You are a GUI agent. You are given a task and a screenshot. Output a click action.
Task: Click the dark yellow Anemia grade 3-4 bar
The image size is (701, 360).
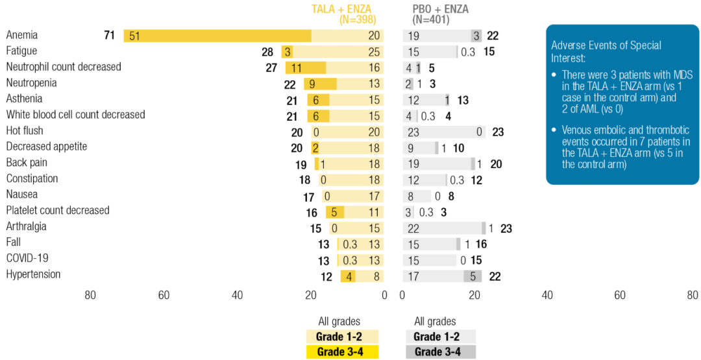[x=217, y=36]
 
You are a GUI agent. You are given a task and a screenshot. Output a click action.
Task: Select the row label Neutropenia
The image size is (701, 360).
[x=31, y=82]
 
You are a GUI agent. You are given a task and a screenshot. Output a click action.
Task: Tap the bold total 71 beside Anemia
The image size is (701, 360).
[x=110, y=36]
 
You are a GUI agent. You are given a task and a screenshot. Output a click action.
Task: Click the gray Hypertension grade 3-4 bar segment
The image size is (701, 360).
[x=473, y=276]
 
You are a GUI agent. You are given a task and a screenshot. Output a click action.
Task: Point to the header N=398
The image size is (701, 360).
[x=358, y=19]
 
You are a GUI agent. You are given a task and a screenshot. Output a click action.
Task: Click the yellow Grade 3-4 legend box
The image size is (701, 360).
[x=343, y=352]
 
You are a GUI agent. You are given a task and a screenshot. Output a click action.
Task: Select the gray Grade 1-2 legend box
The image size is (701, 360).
[x=439, y=337]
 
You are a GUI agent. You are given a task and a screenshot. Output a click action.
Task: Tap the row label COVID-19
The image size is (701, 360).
[x=28, y=258]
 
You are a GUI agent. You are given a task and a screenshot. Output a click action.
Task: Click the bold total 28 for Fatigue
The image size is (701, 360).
[x=268, y=52]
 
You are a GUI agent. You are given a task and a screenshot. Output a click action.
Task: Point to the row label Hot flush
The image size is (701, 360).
[x=25, y=130]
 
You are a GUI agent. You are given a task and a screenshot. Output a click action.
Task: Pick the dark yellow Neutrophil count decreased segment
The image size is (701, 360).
[x=306, y=68]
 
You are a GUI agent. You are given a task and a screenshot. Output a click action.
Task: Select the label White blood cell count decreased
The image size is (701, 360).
[x=75, y=114]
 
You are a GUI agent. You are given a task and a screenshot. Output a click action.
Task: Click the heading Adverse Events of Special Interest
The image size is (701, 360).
[x=606, y=51]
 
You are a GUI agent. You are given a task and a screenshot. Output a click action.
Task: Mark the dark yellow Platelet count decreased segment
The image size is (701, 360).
[x=335, y=211]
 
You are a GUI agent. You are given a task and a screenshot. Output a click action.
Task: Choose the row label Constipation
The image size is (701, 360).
[x=32, y=178]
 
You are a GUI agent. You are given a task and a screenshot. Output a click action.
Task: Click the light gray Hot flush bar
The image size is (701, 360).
[x=445, y=132]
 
